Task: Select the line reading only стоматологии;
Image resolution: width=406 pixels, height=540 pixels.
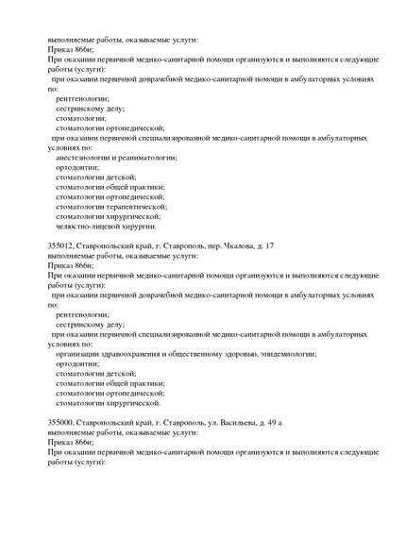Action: (81, 118)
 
